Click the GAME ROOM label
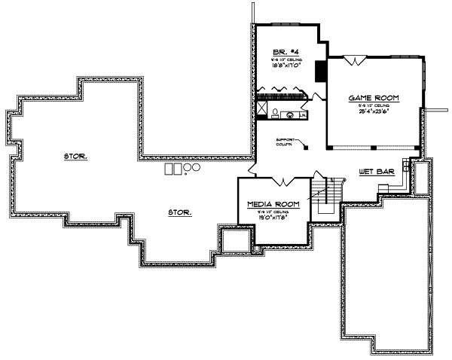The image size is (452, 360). tap(373, 99)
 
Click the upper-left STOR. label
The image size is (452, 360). tap(75, 157)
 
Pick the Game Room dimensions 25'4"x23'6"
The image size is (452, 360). tap(373, 112)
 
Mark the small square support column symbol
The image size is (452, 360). tap(307, 148)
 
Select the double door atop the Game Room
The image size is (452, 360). tap(355, 60)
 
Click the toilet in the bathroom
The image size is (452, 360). tap(276, 114)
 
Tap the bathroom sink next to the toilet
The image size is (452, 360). tap(290, 114)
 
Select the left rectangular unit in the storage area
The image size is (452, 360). tap(170, 168)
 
